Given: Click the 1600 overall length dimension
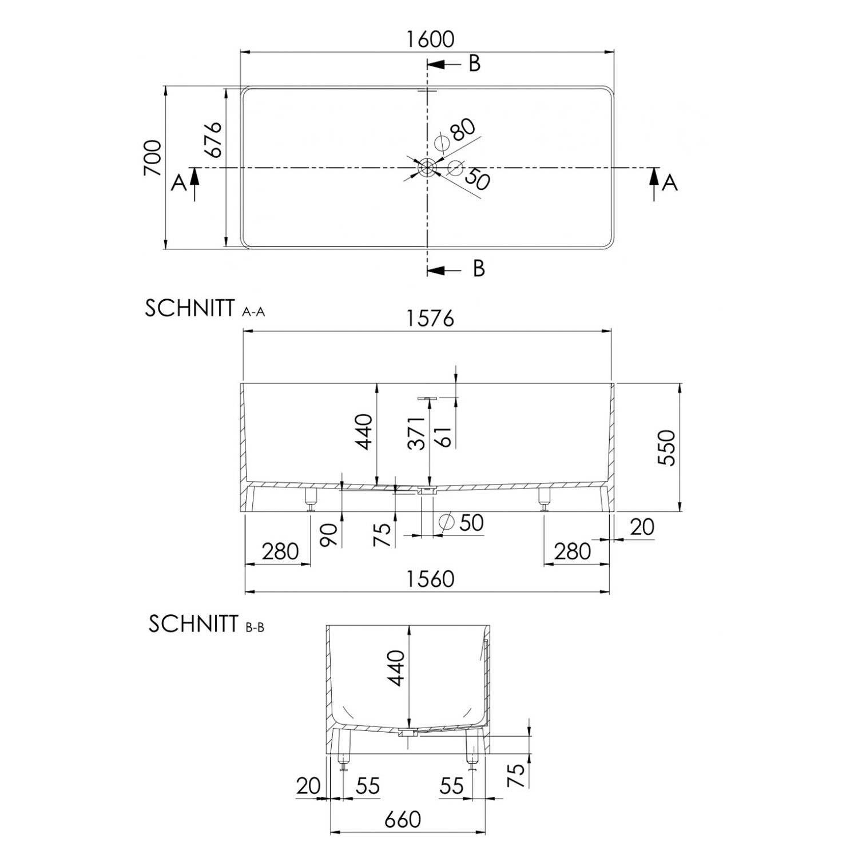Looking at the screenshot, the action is click(x=430, y=39).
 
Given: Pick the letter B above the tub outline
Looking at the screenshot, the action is click(x=475, y=63).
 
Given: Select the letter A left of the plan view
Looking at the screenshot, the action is click(x=179, y=183).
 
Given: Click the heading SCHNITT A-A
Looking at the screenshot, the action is click(x=205, y=308).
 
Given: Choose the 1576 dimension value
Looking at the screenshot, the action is click(x=431, y=318).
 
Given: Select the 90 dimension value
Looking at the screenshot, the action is click(x=329, y=534).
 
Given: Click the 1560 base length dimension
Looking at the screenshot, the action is click(x=430, y=579).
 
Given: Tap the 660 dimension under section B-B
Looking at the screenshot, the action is click(x=403, y=820).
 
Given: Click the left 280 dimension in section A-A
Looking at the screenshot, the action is click(x=280, y=551).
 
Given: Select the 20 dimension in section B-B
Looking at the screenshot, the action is click(x=308, y=786).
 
